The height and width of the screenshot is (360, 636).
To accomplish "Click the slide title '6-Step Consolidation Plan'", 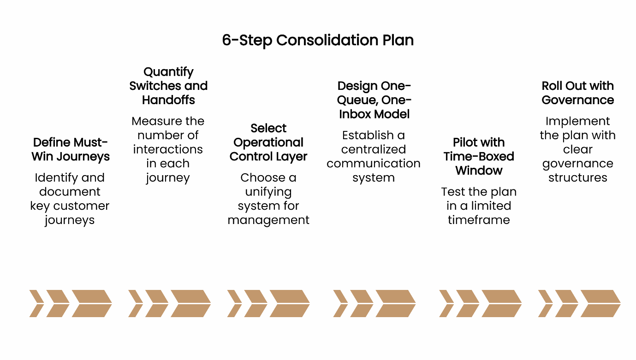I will (318, 40).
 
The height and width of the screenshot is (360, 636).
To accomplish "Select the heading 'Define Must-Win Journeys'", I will (71, 149).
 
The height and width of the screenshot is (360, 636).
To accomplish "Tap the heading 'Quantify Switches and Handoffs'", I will (168, 86).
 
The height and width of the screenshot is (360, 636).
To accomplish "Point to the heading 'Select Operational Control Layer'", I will (268, 142).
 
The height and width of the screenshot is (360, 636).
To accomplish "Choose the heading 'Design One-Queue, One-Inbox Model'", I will (374, 100).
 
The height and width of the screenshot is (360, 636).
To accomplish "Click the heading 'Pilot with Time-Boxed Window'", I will (479, 156).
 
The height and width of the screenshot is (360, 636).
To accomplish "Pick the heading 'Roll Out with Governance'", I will (578, 93).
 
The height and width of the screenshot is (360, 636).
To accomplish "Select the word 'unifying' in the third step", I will (268, 192).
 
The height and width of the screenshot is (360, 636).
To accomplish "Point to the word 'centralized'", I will (374, 149).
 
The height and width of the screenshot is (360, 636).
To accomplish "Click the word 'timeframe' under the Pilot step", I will (479, 220).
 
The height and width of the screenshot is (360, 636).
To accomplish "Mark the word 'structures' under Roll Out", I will (578, 177).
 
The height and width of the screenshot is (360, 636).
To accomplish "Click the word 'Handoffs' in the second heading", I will (168, 100).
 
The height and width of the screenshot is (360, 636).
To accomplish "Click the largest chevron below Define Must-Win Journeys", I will (92, 303).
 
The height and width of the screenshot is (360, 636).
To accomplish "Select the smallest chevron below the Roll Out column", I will (546, 303).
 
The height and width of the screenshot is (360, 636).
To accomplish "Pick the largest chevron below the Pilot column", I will (501, 303).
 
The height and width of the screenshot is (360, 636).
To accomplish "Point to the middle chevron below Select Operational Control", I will (255, 303).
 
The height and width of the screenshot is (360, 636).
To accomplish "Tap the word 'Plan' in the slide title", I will (398, 40).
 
